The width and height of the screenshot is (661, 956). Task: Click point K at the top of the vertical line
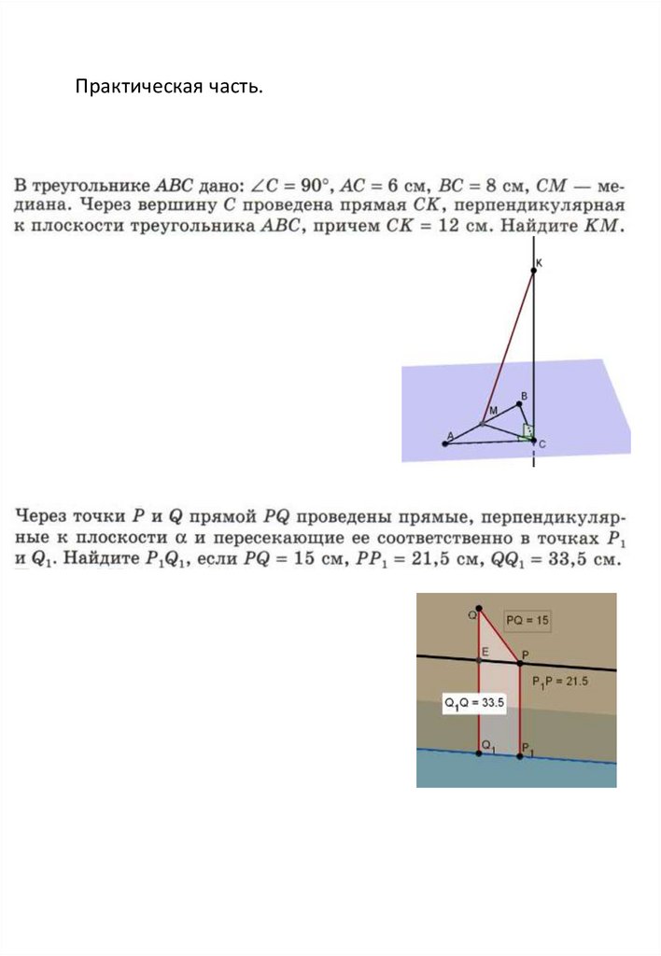click(x=534, y=271)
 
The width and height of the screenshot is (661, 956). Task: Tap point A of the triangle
click(x=445, y=443)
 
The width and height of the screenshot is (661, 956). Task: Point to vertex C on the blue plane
click(x=533, y=439)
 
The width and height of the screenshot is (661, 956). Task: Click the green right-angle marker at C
click(x=527, y=431)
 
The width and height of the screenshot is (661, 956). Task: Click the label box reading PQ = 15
click(x=527, y=619)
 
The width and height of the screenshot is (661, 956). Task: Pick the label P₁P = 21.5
click(x=560, y=682)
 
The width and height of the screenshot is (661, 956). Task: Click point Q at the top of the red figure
click(x=479, y=608)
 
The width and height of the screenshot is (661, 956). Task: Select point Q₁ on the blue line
click(x=479, y=752)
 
